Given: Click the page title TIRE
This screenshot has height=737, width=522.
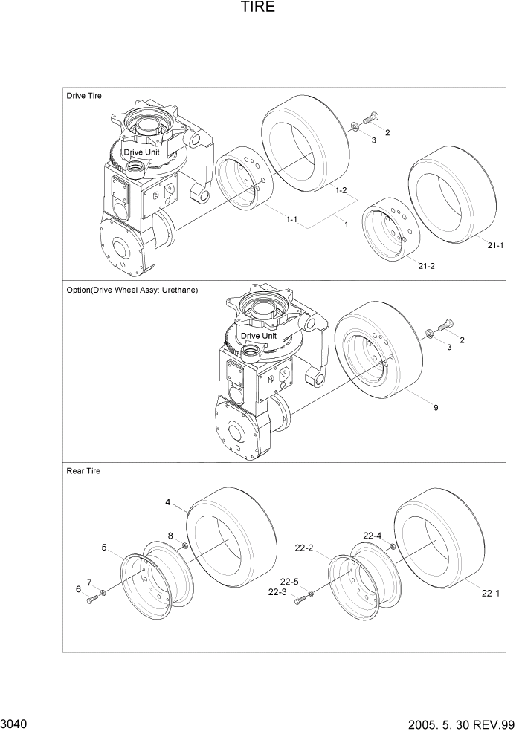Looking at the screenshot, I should click(x=258, y=8).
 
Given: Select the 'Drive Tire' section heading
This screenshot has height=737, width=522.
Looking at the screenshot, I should click(x=84, y=96).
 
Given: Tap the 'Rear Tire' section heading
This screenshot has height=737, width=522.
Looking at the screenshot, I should click(x=83, y=471).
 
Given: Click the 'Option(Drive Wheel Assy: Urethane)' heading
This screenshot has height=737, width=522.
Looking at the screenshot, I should click(x=132, y=290).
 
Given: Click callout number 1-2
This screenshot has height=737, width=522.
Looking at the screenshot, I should click(x=341, y=191).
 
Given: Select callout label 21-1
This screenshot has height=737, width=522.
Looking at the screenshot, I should click(x=496, y=246).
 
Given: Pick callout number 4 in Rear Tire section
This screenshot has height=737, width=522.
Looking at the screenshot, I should click(x=168, y=503).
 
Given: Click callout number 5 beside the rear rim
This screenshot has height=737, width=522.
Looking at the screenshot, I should click(x=103, y=548).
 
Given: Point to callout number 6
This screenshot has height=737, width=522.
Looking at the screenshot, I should click(x=78, y=589).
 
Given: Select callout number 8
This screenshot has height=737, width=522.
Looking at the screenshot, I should click(x=170, y=536).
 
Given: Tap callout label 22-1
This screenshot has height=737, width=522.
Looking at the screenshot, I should click(x=491, y=593).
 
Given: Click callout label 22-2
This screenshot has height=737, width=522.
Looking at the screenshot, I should click(x=304, y=548).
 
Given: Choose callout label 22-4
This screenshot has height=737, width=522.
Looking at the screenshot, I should click(x=373, y=536).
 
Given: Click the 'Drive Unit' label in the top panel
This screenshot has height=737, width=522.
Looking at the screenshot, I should click(x=141, y=152).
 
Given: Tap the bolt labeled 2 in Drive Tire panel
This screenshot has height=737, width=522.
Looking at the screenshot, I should click(x=372, y=117).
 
